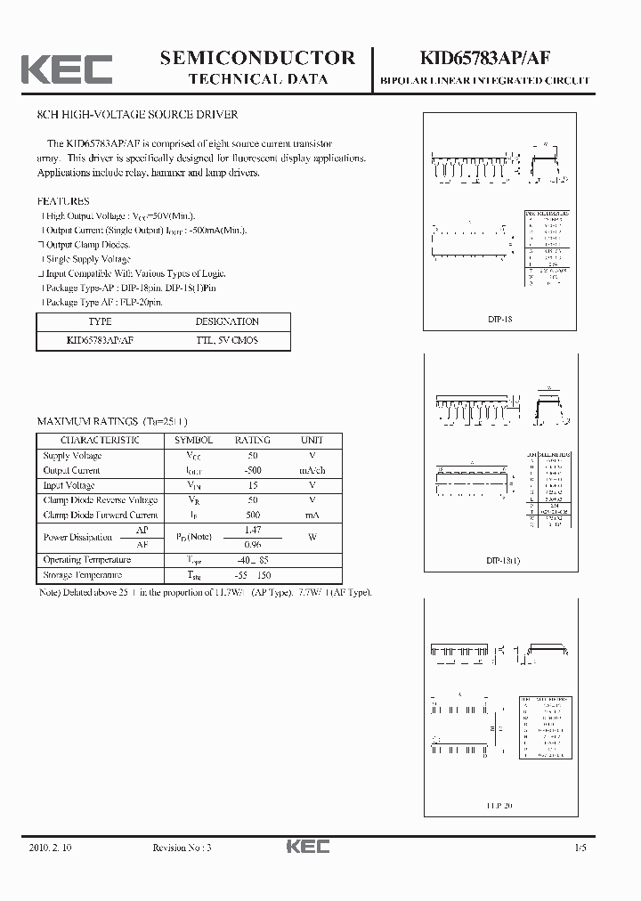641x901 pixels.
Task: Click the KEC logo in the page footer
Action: [x=307, y=847]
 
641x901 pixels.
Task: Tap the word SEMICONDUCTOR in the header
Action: [x=257, y=58]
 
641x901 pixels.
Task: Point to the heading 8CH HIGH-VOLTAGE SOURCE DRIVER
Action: [x=137, y=115]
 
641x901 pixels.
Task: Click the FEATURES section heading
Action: [x=63, y=201]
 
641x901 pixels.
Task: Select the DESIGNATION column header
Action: [x=227, y=321]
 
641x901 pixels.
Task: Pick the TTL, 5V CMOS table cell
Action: [x=227, y=340]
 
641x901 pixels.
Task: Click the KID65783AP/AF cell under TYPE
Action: [x=101, y=340]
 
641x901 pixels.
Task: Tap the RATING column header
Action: [x=253, y=440]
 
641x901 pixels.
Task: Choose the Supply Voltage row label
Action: [x=73, y=456]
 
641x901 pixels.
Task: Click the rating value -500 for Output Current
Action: [x=253, y=470]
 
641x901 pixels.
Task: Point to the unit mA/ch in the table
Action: [x=312, y=470]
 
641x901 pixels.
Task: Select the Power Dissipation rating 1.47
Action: [x=253, y=530]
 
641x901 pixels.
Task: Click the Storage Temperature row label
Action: [x=83, y=575]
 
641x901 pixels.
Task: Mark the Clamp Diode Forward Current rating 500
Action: [x=253, y=515]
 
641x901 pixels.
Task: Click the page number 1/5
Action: [x=580, y=848]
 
